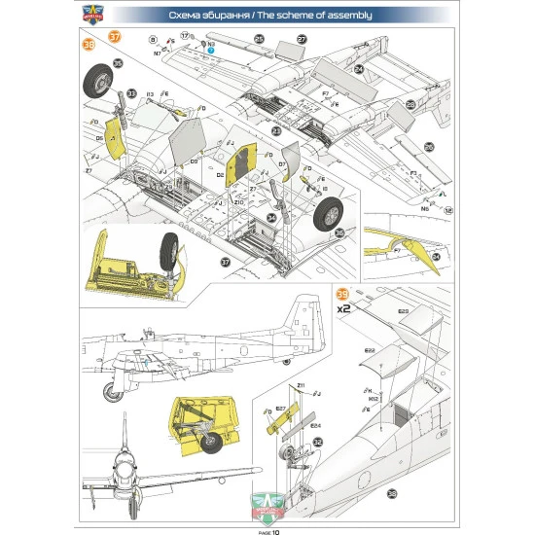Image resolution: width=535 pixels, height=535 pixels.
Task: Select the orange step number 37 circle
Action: click(115, 36)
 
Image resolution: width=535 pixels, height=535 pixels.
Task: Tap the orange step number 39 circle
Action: click(340, 294)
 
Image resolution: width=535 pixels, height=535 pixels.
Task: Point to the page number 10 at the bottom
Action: click(275, 531)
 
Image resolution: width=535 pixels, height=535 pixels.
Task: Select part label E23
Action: click(403, 312)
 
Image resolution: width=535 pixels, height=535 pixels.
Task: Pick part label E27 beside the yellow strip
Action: click(280, 409)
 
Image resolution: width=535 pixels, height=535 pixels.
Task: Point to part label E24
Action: click(315, 425)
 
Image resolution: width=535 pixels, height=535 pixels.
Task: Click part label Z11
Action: click(302, 386)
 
